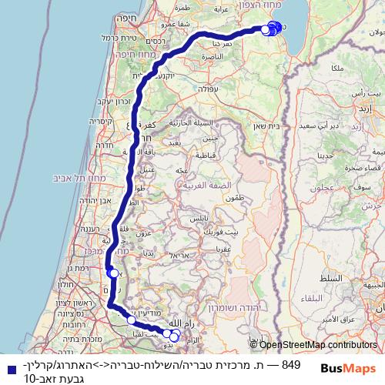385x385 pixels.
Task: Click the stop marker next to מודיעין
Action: coord(132,320)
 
